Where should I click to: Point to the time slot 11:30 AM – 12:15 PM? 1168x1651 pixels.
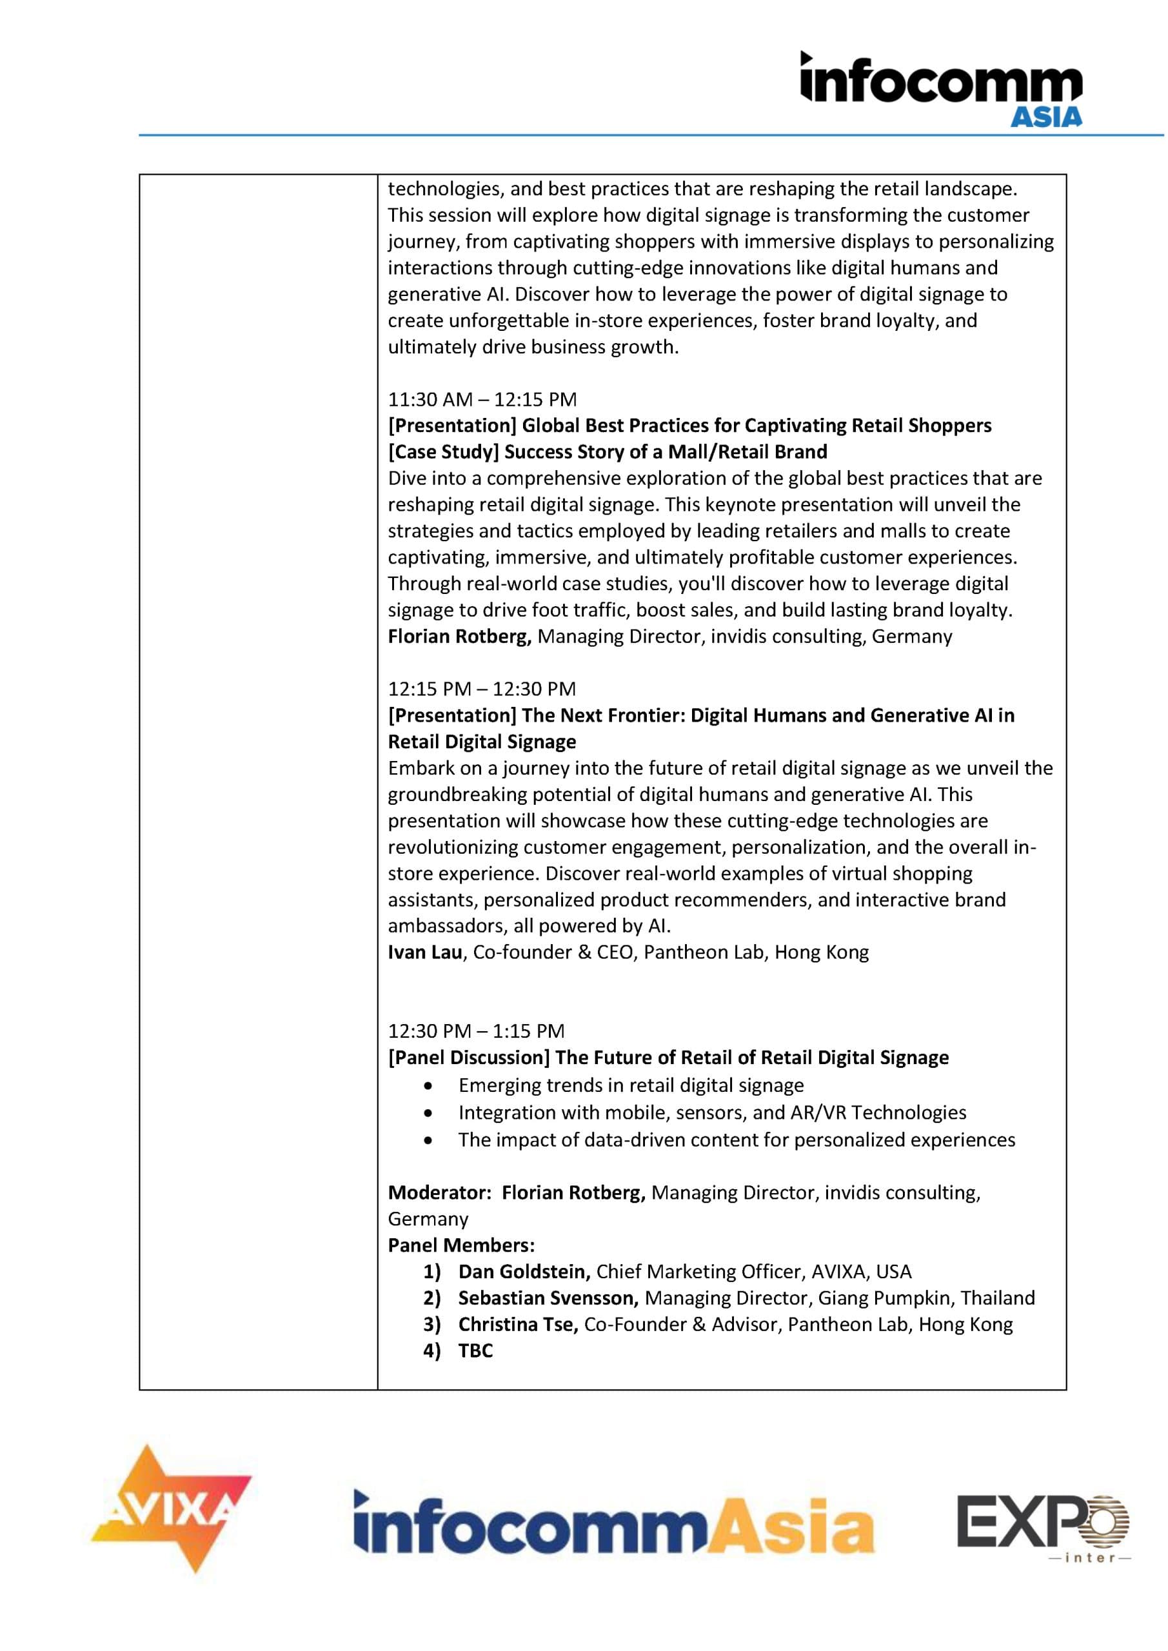click(x=482, y=399)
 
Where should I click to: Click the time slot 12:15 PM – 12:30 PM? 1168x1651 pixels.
click(x=482, y=689)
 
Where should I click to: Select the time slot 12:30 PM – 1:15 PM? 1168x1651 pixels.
click(x=476, y=1031)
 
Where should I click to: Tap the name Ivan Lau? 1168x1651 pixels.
click(x=424, y=953)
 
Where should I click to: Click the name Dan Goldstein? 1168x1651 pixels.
click(x=524, y=1272)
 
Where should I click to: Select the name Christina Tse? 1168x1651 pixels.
click(x=518, y=1325)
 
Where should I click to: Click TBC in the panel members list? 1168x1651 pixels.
click(x=475, y=1350)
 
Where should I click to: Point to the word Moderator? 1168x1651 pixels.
click(x=439, y=1193)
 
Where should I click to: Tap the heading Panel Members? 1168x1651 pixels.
click(x=461, y=1245)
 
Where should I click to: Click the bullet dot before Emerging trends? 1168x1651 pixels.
click(x=430, y=1086)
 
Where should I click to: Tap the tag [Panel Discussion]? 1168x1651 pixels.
click(x=469, y=1058)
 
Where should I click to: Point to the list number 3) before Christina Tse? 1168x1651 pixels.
click(x=431, y=1325)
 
